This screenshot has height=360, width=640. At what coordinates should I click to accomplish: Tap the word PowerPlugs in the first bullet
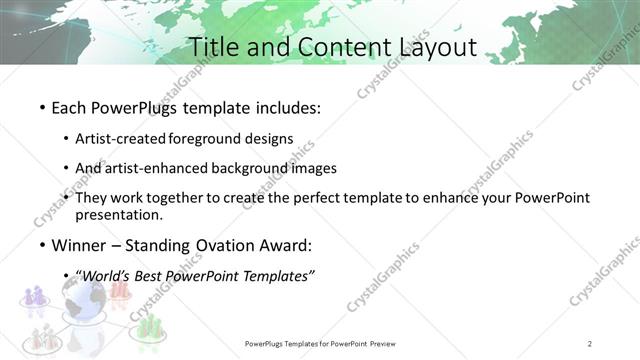tap(129, 106)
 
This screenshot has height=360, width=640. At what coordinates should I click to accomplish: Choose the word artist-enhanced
tap(152, 168)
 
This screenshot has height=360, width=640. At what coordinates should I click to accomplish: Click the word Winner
tap(79, 245)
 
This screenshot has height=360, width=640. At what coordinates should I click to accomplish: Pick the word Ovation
tap(230, 245)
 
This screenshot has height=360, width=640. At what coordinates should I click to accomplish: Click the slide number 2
tap(590, 344)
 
